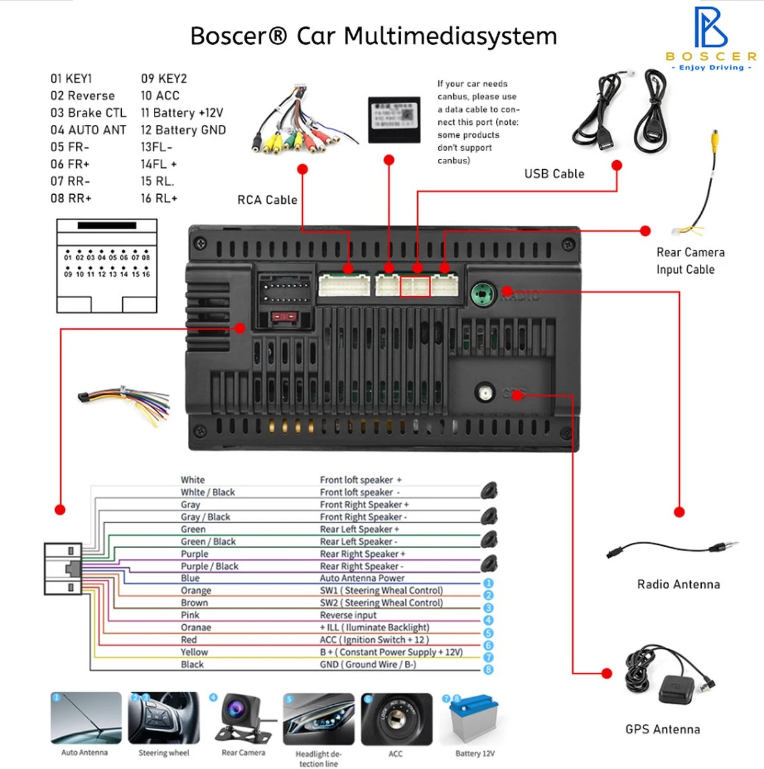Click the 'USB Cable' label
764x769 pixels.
[554, 174]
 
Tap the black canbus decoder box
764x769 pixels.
[394, 119]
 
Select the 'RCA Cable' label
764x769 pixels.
[267, 200]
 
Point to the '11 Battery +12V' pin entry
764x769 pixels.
[182, 113]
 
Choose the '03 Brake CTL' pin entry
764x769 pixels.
[88, 113]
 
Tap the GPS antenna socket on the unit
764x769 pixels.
[485, 392]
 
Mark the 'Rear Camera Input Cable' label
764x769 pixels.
[690, 261]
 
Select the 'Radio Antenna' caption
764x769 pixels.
[678, 584]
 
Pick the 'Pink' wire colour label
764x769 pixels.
[190, 615]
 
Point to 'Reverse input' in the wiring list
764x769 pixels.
[348, 615]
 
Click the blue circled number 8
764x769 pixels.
[488, 670]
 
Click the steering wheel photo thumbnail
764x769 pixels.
[163, 718]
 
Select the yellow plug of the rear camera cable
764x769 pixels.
[715, 138]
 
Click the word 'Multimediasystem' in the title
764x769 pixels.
[450, 36]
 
